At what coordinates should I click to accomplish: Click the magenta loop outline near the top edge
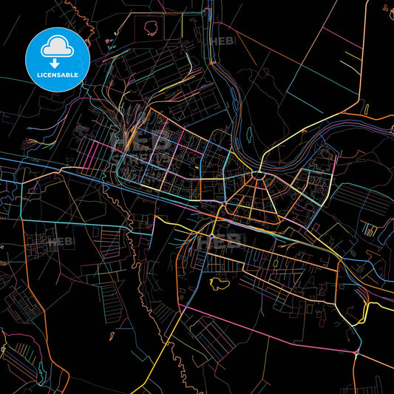154,27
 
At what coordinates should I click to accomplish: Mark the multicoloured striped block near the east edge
367,229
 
